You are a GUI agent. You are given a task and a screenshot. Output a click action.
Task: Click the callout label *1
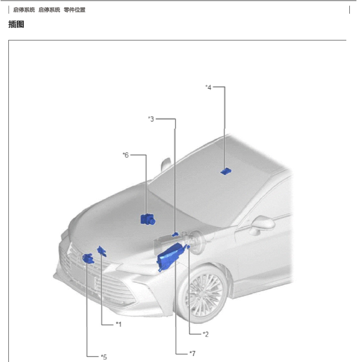point(118,324)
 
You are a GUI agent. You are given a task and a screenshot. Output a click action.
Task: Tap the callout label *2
point(206,334)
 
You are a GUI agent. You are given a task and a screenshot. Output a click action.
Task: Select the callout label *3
point(151,119)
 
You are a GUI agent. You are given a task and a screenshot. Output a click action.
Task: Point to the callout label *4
point(208,88)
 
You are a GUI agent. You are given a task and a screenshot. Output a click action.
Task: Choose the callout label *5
point(104,357)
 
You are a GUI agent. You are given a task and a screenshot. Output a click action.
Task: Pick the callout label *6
point(126,155)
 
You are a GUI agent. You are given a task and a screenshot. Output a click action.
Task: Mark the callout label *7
point(192,353)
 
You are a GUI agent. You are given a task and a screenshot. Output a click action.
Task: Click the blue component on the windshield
point(226,171)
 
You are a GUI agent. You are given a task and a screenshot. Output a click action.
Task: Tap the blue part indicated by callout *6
point(148,219)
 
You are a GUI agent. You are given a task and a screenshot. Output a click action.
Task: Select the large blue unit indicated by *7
point(170,256)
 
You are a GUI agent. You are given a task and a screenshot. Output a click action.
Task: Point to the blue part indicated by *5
point(88,258)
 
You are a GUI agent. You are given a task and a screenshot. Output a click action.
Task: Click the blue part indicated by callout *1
point(102,251)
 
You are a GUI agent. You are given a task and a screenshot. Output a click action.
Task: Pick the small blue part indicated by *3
point(175,235)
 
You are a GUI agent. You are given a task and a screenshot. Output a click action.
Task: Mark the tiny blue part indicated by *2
point(188,247)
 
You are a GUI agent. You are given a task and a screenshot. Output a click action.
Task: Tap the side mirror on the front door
point(262,224)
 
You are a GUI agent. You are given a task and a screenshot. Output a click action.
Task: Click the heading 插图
point(16,24)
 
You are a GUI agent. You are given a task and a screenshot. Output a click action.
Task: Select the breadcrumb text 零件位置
point(74,10)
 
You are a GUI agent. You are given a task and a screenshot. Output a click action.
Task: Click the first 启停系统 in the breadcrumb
point(24,10)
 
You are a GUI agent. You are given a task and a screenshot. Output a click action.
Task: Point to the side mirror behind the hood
point(166,164)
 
